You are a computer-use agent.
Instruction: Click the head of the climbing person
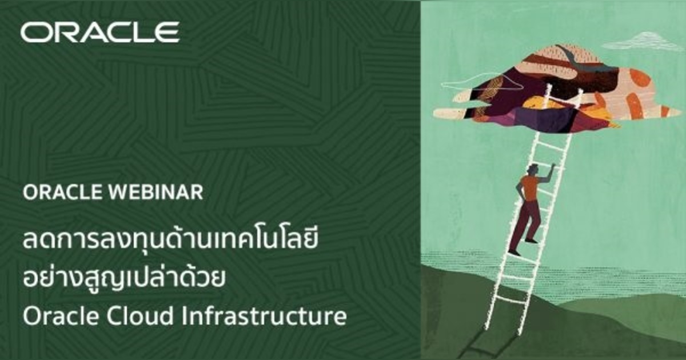pyautogui.click(x=532, y=170)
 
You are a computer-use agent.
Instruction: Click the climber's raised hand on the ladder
pyautogui.click(x=552, y=166)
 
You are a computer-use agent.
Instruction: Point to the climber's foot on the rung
pyautogui.click(x=531, y=241)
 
